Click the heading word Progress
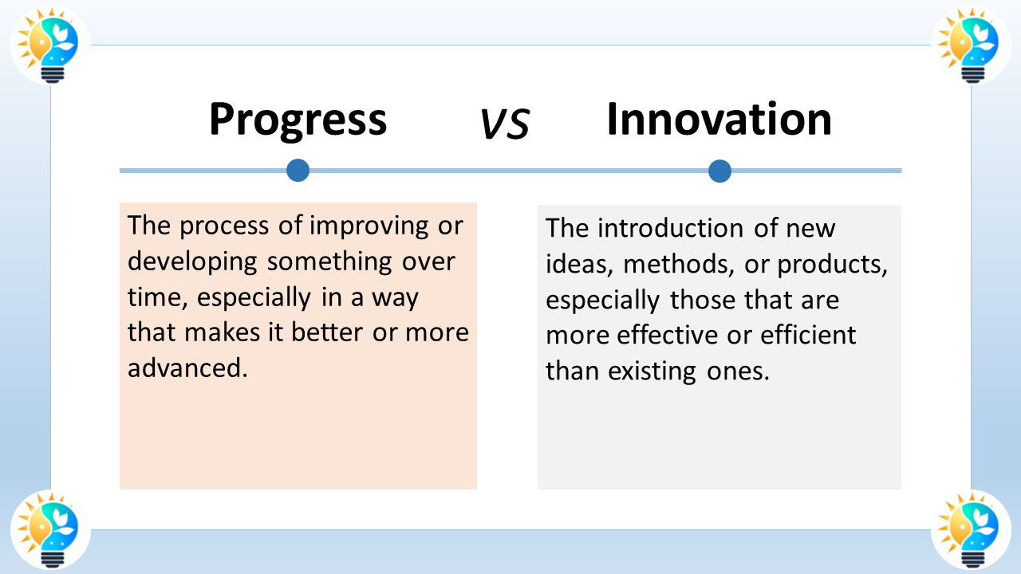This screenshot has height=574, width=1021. pos(298,120)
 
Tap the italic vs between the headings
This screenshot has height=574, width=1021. pos(505,123)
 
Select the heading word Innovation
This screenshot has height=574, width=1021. pos(719,119)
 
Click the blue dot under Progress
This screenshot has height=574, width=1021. pos(298,171)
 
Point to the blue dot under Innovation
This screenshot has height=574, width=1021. pos(719,171)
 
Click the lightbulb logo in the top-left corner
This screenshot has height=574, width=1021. pos(50,45)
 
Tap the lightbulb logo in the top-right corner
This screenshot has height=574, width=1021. pos(971,45)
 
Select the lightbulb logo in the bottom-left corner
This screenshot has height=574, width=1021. pos(50,530)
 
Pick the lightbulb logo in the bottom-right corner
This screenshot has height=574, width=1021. pos(971,530)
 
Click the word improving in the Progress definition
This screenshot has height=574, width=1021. pos(369,226)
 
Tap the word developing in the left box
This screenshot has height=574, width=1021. pos(192,262)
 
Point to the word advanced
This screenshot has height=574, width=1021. pos(187,368)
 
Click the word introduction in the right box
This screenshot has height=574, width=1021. pos(671,228)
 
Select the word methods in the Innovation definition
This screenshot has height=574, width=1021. pos(679,264)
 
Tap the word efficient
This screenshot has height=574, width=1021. pos(808,336)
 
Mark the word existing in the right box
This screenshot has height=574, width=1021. pos(652,372)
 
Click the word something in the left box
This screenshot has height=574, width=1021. pos(329,262)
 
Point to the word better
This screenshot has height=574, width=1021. pos(327,332)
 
